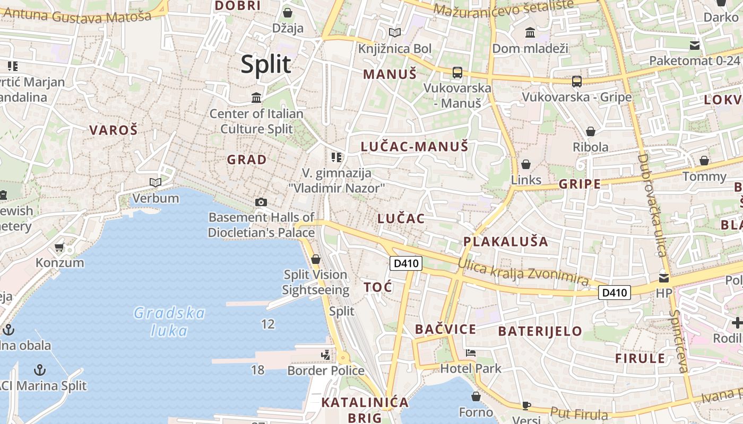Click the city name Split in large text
coord(266,64)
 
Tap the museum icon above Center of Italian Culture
coord(257,98)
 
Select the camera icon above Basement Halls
coord(261,202)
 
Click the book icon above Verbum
coord(155,183)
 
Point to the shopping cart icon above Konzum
coord(59,247)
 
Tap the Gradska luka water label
coord(169,322)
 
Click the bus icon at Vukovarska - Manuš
coord(457,73)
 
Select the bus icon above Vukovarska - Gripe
coord(577,82)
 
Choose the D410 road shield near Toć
coord(405,263)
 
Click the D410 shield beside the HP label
coord(615,292)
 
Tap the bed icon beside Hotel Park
coord(471,353)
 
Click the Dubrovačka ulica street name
coord(652,205)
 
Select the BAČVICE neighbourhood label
coord(445,329)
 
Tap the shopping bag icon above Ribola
coord(591,131)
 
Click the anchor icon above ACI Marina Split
coord(40,369)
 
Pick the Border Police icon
coord(325,355)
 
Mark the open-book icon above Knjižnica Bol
coord(395,33)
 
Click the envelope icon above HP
coord(664,277)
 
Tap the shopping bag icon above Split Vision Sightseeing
coord(316,259)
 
